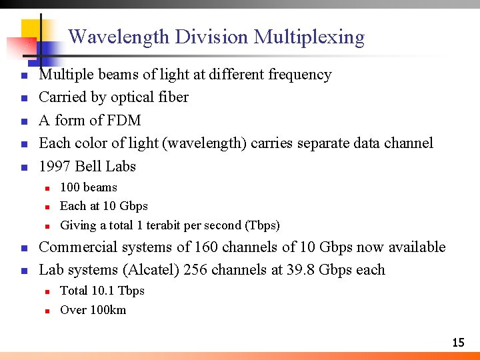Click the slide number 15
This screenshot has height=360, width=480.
point(458,343)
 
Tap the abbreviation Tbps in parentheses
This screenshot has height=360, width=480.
point(263,225)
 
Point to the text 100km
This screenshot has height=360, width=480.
point(107,309)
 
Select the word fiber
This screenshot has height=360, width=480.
point(173,97)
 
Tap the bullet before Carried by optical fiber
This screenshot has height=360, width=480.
point(23,98)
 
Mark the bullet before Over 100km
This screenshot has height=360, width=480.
point(48,310)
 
